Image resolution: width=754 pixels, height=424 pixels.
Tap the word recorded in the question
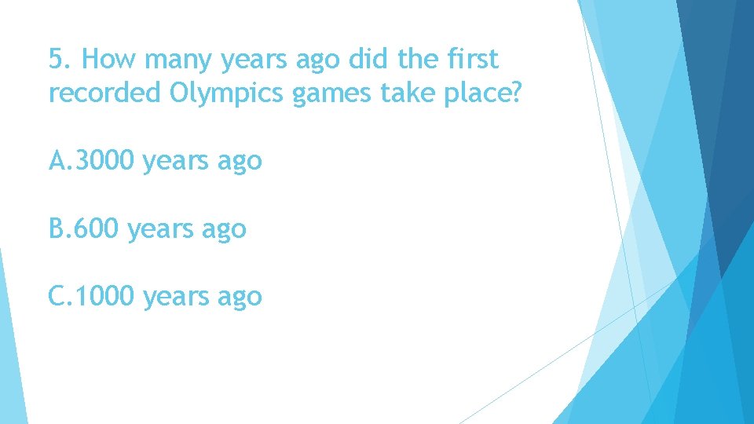pyautogui.click(x=105, y=93)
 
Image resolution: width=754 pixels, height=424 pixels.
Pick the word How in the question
pyautogui.click(x=105, y=60)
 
